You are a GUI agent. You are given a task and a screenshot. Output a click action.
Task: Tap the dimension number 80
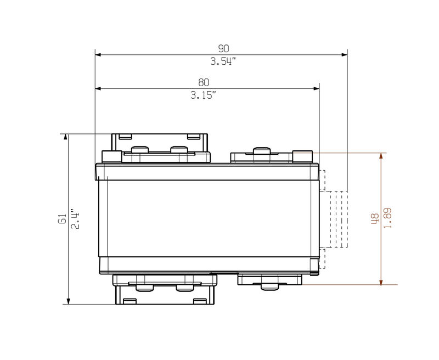(x=204, y=82)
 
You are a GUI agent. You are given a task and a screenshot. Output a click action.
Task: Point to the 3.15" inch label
(x=204, y=95)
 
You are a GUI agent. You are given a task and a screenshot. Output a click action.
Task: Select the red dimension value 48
(x=375, y=218)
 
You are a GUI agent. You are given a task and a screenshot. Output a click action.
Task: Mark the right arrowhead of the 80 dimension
(x=316, y=88)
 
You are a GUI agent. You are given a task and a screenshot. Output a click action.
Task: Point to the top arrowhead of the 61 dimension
(x=67, y=137)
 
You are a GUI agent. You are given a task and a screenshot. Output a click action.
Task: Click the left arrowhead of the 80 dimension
(x=99, y=88)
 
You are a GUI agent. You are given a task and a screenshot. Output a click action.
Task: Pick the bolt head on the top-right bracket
(x=261, y=150)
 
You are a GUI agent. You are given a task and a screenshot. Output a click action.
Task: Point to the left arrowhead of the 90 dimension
(x=99, y=55)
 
